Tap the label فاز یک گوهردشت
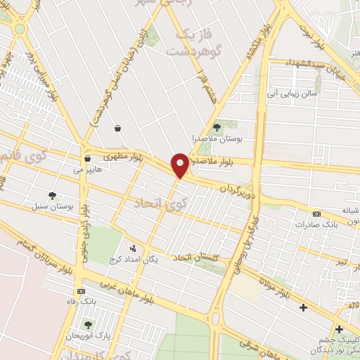click(x=186, y=42)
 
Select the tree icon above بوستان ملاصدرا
click(x=217, y=127)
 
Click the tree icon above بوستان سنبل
click(x=52, y=195)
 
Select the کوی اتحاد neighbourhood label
click(x=158, y=204)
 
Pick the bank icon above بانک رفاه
click(x=82, y=290)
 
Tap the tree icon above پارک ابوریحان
click(x=88, y=325)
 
